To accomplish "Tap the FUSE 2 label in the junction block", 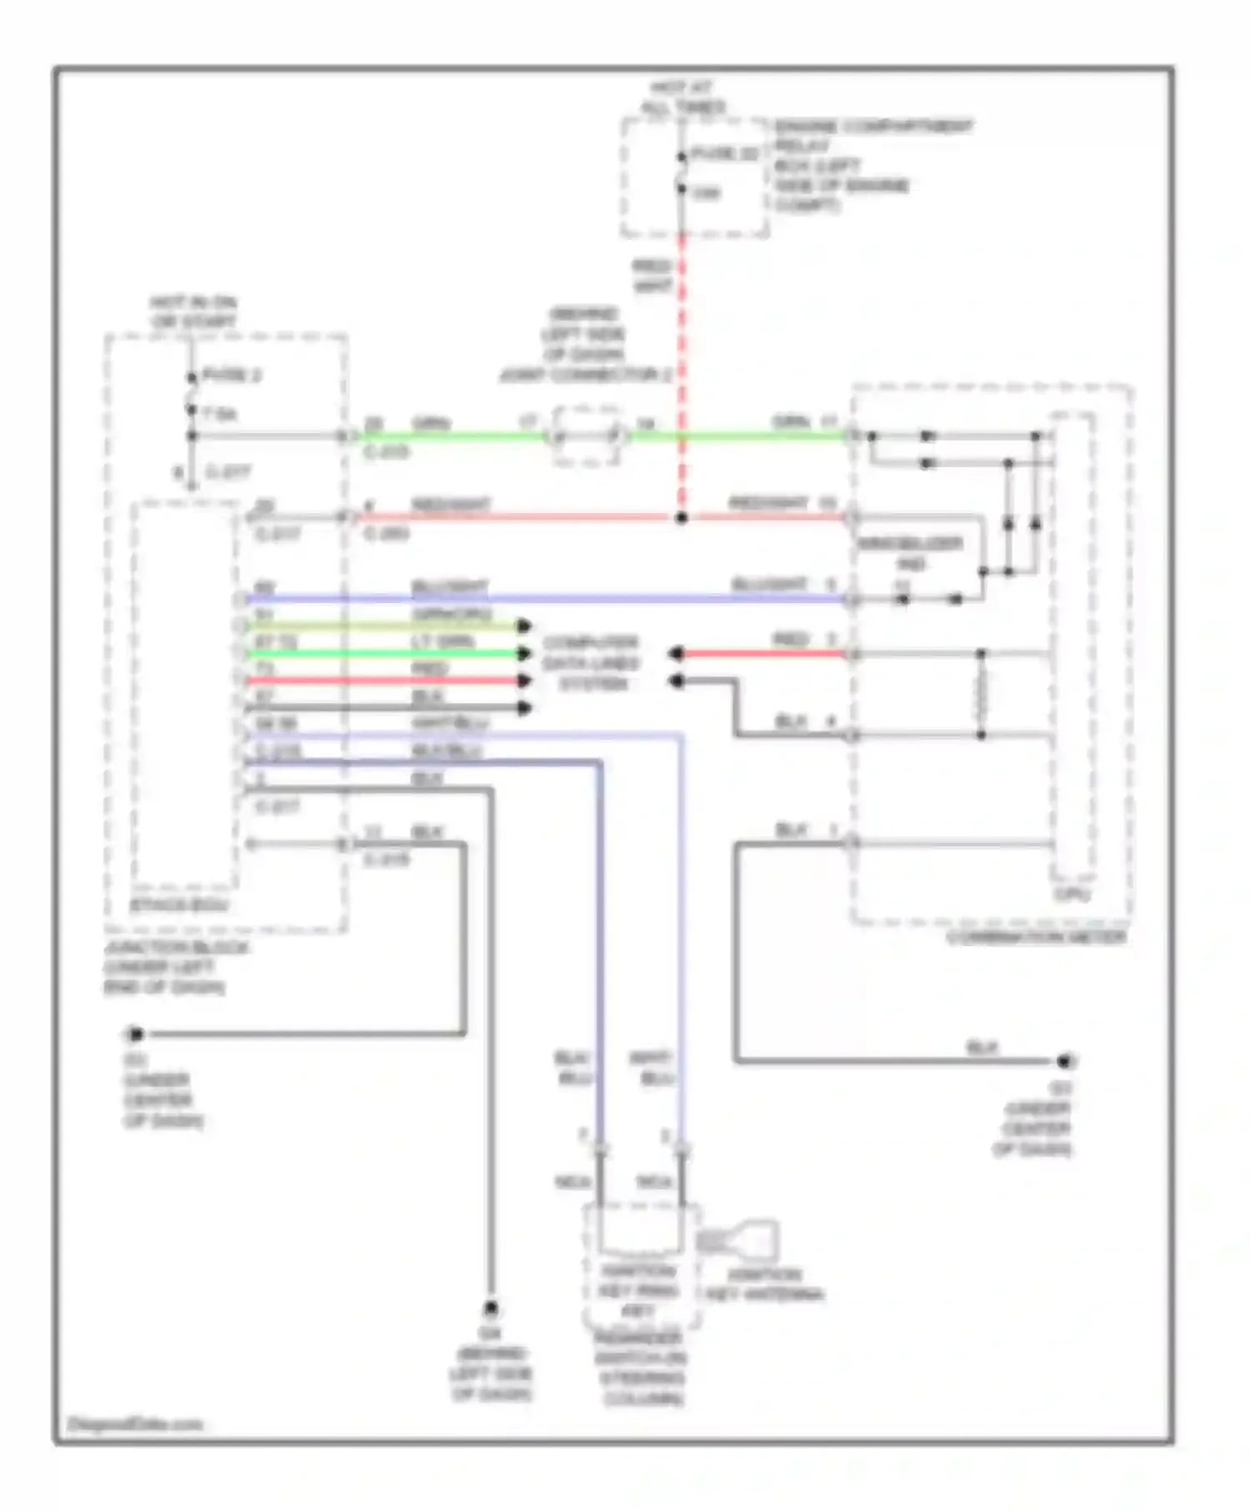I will click(231, 376).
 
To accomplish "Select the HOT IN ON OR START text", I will click(192, 312).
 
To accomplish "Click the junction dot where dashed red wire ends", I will click(682, 518).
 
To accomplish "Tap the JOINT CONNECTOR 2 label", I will click(585, 376).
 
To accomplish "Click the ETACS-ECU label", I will click(180, 905).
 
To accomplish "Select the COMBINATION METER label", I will click(1036, 937).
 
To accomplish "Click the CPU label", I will click(1072, 895).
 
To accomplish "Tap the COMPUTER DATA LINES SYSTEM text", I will click(590, 663).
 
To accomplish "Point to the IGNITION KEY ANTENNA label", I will click(764, 1285).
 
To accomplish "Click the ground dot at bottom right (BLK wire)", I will click(1063, 1061).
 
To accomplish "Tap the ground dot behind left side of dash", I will click(492, 1309).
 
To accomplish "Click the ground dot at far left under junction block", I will click(135, 1035).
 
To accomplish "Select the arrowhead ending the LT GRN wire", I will click(524, 653).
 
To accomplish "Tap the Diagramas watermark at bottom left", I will click(135, 1424).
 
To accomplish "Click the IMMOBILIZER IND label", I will click(910, 554).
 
